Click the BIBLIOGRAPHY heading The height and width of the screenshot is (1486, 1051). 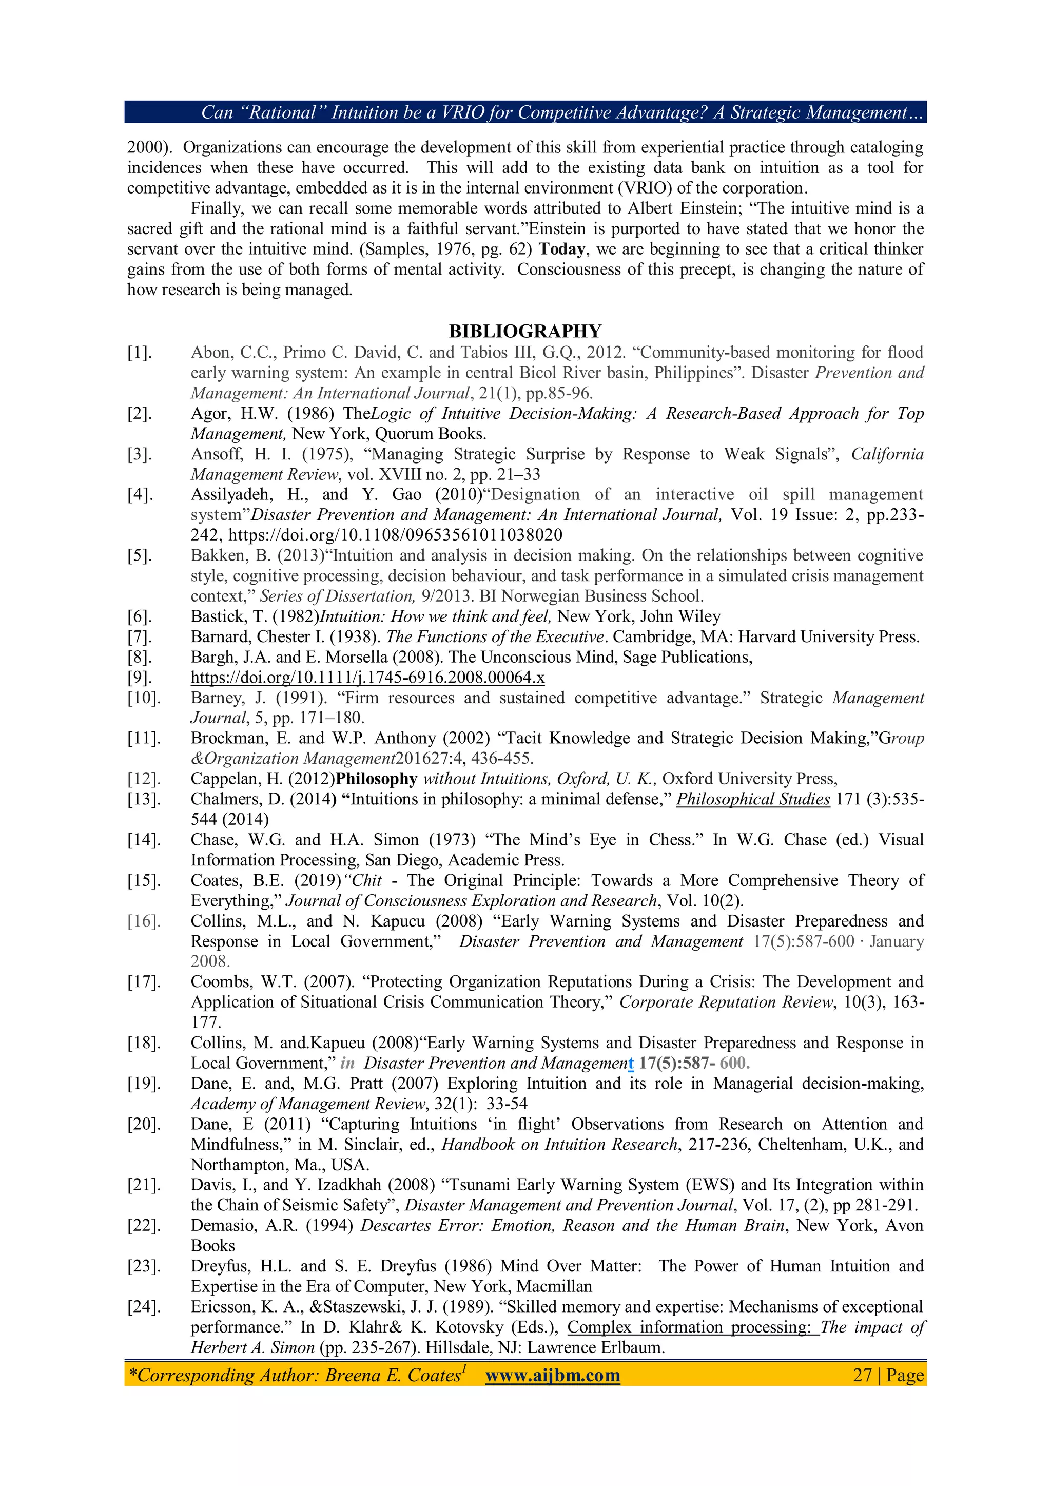[525, 332]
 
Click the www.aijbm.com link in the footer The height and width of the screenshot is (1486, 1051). [552, 1375]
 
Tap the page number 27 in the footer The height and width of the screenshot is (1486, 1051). [862, 1375]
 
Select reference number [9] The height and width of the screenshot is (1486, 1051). [139, 678]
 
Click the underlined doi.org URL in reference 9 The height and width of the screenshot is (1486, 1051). [367, 678]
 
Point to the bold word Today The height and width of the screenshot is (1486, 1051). [562, 249]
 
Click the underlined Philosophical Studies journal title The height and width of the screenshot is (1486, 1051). [753, 799]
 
